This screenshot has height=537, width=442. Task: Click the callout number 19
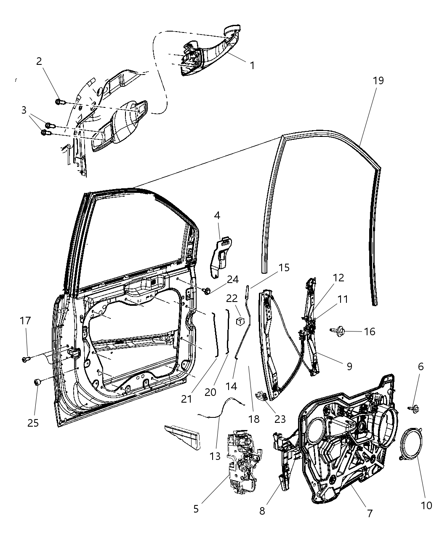coord(378,80)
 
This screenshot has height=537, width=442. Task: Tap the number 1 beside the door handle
coord(252,66)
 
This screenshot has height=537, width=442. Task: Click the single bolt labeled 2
coord(59,102)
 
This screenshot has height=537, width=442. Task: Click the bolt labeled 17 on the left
coord(26,359)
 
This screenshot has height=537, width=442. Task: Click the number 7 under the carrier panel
coord(370,513)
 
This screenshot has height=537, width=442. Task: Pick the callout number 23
coord(280,419)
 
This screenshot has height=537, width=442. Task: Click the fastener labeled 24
coord(207,290)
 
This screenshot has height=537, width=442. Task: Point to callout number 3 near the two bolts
coord(24,110)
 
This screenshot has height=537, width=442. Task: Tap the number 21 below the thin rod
coord(186,398)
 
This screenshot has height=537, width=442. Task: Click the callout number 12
coord(338,278)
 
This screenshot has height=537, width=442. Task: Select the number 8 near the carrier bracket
coord(262,511)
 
